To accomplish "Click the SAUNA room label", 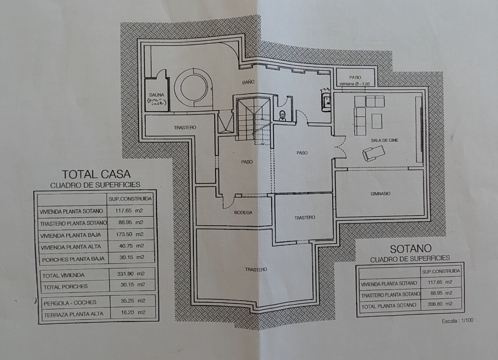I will [157, 95].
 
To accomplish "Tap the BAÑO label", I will [248, 82].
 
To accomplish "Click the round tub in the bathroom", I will [190, 87].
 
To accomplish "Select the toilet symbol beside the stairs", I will [282, 115].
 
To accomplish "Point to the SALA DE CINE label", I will [384, 140].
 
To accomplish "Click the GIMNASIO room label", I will [380, 194].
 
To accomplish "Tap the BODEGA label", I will [243, 213].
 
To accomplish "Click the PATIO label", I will [355, 77].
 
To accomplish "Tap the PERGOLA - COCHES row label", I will [70, 302].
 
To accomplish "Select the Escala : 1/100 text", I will [457, 321].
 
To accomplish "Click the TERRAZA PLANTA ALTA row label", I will [73, 314].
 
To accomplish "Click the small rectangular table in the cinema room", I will [377, 121].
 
